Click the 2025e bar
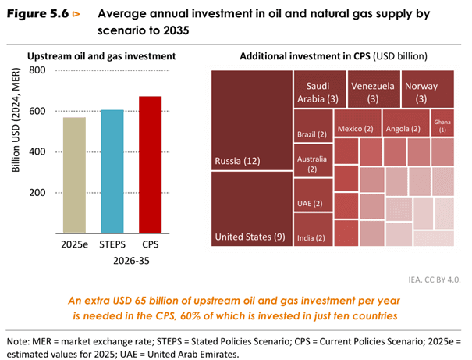pyautogui.click(x=75, y=175)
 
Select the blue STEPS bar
pyautogui.click(x=112, y=171)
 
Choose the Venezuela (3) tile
pyautogui.click(x=373, y=91)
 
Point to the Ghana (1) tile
pyautogui.click(x=442, y=125)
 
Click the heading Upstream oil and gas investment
pyautogui.click(x=101, y=56)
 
